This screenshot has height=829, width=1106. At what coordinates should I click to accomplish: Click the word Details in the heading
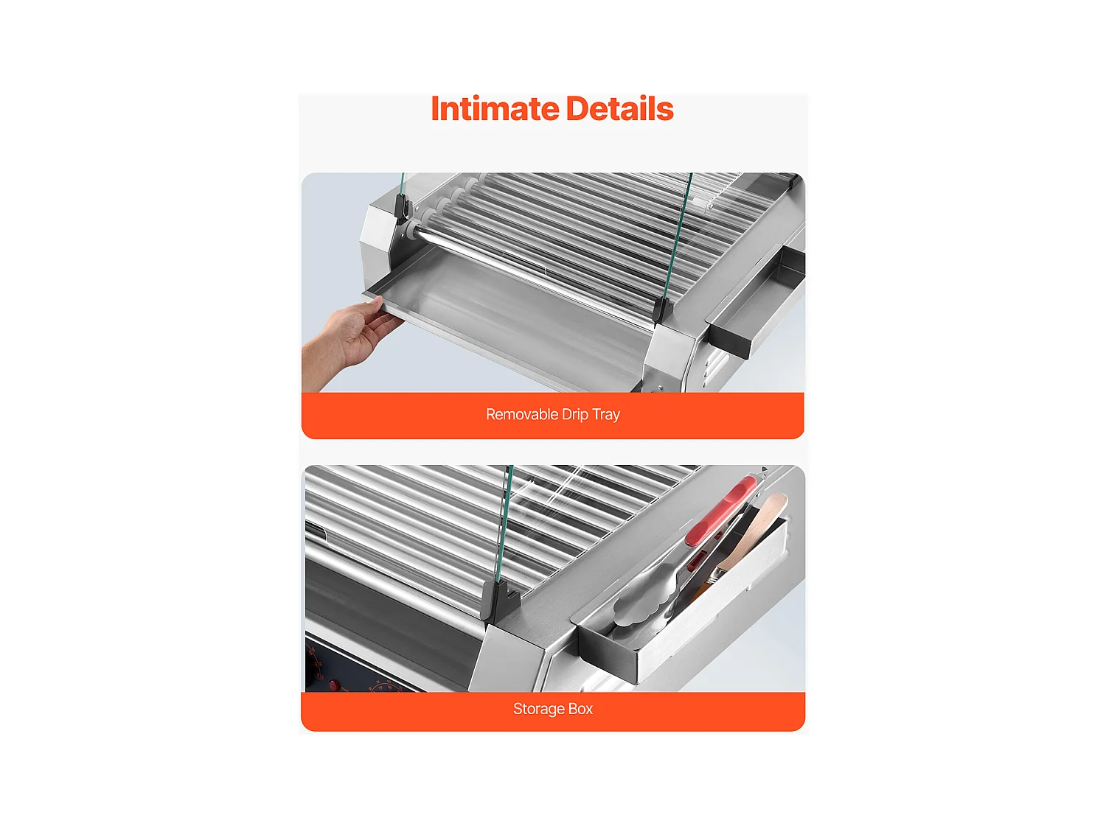(x=619, y=109)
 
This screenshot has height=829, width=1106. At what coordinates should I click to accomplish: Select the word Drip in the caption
(x=575, y=414)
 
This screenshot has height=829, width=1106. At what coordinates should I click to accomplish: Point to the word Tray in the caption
(x=606, y=414)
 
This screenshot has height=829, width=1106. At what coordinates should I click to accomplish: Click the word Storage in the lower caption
(x=538, y=709)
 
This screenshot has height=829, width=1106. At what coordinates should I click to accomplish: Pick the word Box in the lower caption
(x=580, y=709)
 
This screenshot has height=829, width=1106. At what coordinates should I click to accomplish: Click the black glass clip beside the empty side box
(x=661, y=309)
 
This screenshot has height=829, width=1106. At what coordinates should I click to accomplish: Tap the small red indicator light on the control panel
(x=334, y=685)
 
